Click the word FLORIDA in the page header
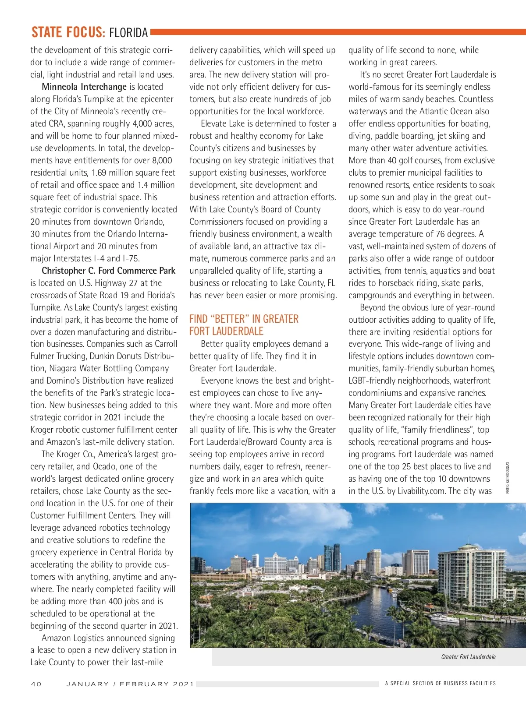tap(128, 33)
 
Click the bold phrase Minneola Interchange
tap(84, 87)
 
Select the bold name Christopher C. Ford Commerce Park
tap(108, 271)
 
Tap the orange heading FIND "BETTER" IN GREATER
tap(244, 319)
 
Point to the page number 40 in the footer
tap(36, 684)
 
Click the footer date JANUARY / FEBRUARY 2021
tap(130, 684)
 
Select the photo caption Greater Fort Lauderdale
tap(468, 657)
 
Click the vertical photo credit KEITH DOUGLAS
tap(508, 477)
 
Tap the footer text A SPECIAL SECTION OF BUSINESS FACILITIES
tap(440, 684)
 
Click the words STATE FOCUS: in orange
tap(68, 32)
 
